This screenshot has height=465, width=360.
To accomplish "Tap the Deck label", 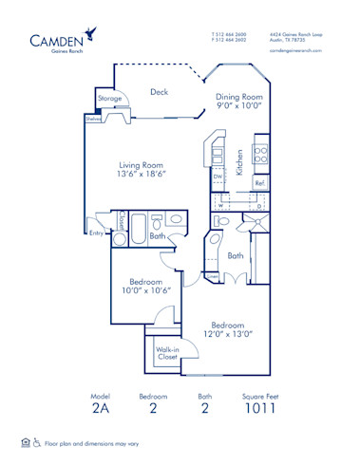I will coord(159,92).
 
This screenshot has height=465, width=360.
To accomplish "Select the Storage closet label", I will coord(109,98).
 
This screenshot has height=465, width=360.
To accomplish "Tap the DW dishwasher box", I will coord(218,177).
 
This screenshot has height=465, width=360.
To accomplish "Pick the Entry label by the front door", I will coord(96,232).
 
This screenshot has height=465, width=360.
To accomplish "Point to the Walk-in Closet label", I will coord(167,354).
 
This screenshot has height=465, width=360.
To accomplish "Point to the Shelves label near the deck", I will coord(93,120).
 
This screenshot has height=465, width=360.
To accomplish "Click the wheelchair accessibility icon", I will coord(37,442).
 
